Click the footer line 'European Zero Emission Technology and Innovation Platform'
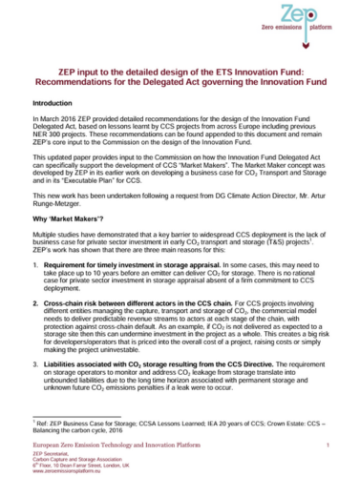tap(134, 446)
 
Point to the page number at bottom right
tap(328, 446)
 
